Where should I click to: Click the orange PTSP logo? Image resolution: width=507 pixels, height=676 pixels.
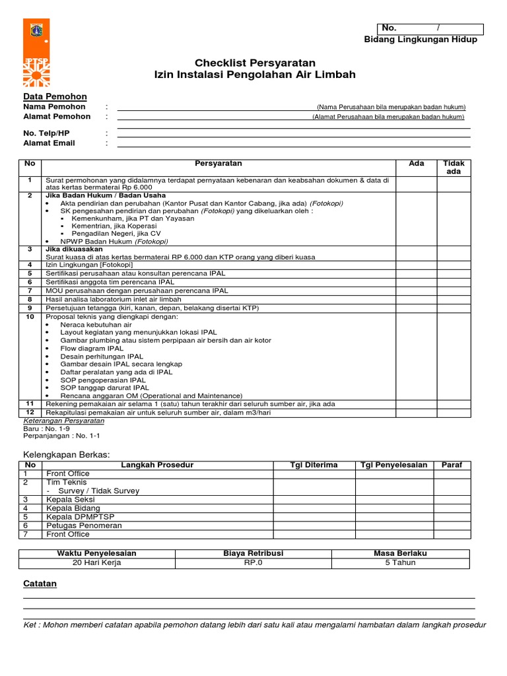(x=36, y=53)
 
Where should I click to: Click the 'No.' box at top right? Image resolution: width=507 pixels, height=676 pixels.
(x=430, y=28)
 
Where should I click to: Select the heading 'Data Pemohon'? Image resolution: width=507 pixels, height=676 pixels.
(x=50, y=96)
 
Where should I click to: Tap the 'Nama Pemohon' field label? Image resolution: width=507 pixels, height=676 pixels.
(x=54, y=107)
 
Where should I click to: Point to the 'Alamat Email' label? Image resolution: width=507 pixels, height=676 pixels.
(x=49, y=143)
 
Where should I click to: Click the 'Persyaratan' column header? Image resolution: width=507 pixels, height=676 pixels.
(x=219, y=164)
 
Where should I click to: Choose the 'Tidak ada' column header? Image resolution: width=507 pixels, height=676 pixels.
(x=454, y=167)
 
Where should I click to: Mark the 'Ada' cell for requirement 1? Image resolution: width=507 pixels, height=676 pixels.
(x=416, y=184)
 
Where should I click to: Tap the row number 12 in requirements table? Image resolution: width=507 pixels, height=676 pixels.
(x=30, y=412)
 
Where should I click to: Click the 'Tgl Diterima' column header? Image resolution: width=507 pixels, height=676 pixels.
(x=314, y=465)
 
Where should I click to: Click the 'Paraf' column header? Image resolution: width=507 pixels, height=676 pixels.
(x=452, y=465)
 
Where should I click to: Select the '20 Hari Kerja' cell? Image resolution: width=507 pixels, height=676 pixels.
(x=96, y=563)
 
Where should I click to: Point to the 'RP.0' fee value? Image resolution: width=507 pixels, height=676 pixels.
(x=253, y=563)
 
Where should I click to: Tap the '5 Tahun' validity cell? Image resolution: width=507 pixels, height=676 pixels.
(x=401, y=563)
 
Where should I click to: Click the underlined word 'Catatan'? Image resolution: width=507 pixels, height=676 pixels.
(x=40, y=584)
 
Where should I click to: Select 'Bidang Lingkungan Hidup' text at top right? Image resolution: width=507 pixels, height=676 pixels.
(x=421, y=40)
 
